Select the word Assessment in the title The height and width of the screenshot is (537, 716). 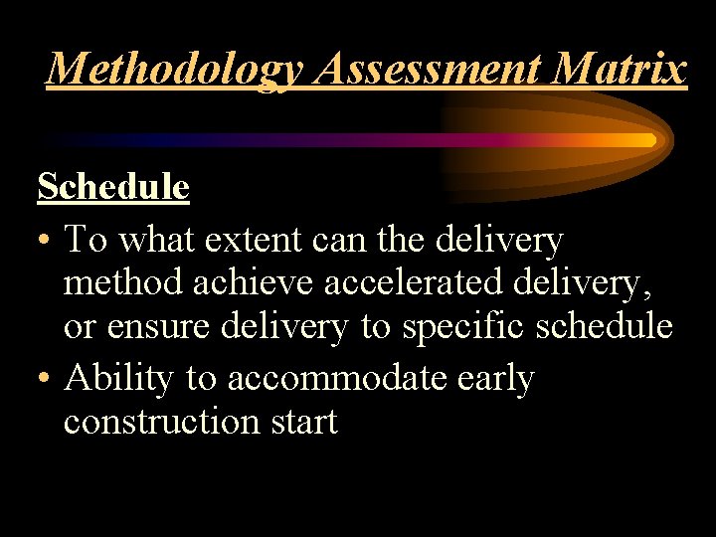point(378,70)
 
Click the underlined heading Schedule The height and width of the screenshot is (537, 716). point(113,186)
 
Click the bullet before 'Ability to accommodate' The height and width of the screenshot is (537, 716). point(45,380)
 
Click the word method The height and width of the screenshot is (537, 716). point(121,283)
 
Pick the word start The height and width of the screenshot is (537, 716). point(302,423)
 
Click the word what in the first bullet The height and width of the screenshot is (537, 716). point(158,240)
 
